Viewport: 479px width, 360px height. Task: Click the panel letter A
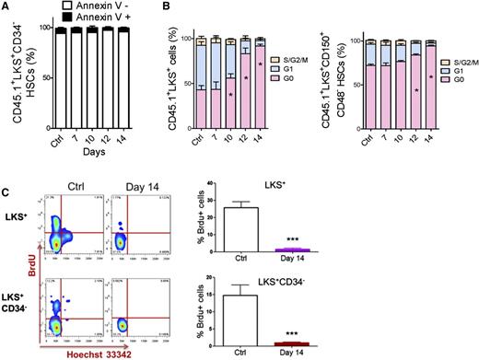click(x=6, y=7)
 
